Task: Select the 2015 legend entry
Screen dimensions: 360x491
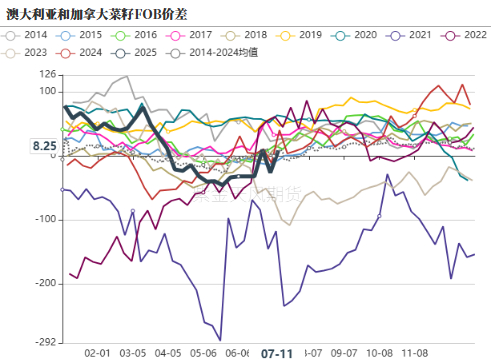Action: [x=81, y=35]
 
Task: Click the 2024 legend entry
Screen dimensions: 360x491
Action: [x=81, y=52]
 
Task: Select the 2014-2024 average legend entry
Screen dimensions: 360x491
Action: [x=210, y=52]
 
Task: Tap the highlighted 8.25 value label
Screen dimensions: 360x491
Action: [x=43, y=146]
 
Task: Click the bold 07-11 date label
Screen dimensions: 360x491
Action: [x=276, y=353]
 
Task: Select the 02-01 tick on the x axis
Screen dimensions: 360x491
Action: [x=97, y=353]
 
